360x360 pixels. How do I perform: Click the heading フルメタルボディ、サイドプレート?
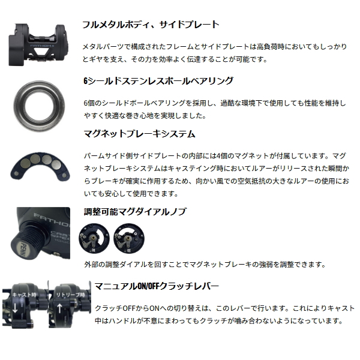pos(151,25)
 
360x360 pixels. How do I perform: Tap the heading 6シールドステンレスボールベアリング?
pos(158,81)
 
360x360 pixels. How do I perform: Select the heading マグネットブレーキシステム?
pos(139,134)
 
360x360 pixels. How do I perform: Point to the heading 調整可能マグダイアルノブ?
pos(135,211)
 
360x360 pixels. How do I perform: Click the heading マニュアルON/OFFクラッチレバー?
pos(157,286)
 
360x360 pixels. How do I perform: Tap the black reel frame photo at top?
pos(38,45)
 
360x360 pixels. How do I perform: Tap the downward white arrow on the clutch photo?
pos(15,308)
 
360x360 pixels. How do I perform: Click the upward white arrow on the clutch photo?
pos(59,308)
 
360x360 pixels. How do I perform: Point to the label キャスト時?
pos(24,295)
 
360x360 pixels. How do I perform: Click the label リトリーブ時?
pos(70,295)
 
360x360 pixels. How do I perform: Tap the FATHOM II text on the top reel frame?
pos(40,46)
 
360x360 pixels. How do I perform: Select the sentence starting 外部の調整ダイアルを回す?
pos(205,265)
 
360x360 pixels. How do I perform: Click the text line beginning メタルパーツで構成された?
pos(215,47)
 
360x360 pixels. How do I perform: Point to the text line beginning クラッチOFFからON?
pos(224,308)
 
